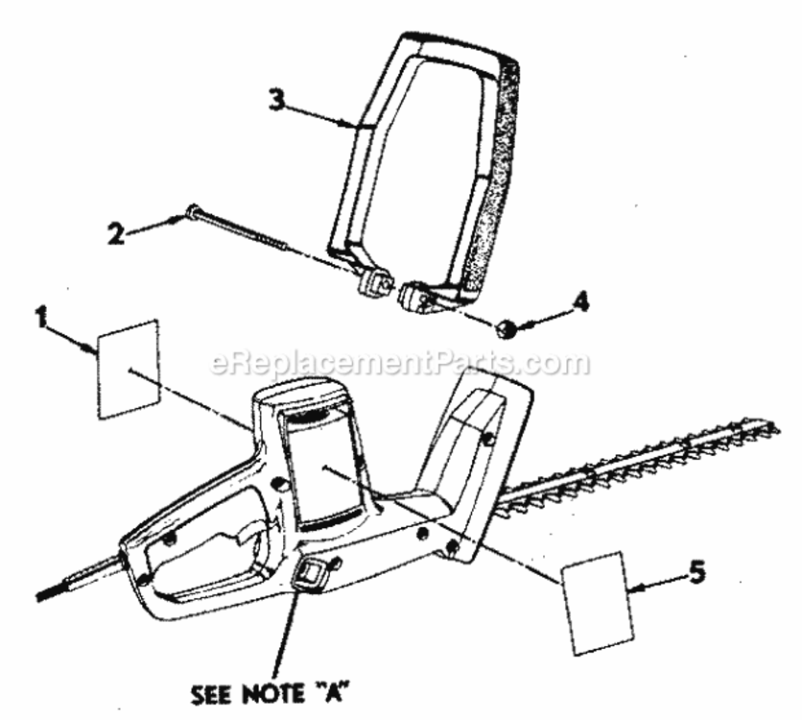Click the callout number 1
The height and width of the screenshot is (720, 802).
coord(42,317)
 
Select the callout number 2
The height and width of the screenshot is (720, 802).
coord(117,234)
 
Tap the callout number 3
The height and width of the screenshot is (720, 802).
coord(277,100)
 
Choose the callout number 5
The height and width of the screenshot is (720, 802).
coord(697,572)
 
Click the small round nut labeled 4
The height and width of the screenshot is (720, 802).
coord(507,328)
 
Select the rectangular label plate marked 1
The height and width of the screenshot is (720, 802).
coord(129,369)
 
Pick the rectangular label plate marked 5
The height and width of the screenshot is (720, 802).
coord(598,603)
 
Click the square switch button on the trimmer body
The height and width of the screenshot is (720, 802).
coord(311,572)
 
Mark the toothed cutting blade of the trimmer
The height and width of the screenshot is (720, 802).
coord(639,465)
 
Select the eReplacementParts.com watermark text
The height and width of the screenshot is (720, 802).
coord(400,362)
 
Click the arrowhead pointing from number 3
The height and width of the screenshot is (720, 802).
coord(352,123)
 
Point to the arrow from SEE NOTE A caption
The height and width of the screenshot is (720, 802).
coord(286,635)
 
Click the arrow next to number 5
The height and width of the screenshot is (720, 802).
coord(657,584)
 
